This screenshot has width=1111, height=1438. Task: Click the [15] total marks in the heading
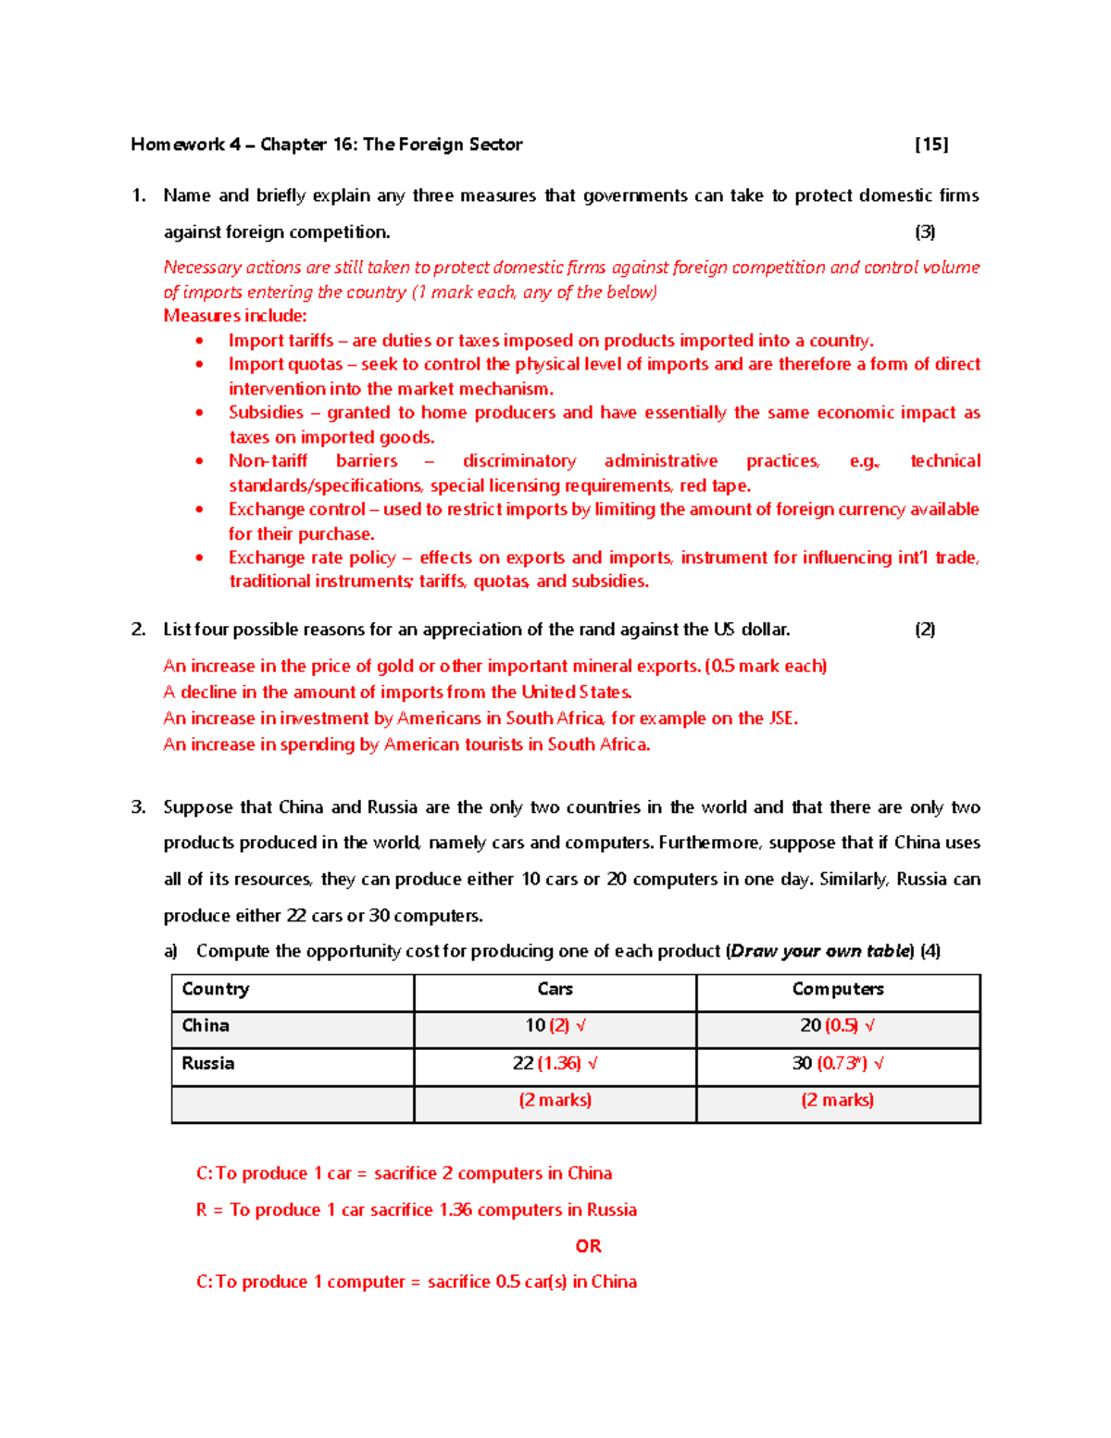930,144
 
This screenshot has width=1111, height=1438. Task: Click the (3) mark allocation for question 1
924,232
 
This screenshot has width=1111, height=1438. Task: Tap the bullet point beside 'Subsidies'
200,413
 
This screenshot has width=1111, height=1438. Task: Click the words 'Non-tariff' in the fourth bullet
268,461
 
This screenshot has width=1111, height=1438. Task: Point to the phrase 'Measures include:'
235,316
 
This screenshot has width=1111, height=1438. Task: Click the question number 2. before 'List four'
138,630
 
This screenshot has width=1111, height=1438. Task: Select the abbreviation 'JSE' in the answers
781,719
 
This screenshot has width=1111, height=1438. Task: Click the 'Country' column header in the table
216,989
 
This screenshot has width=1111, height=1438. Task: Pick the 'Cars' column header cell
555,989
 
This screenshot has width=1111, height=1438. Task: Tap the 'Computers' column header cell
837,989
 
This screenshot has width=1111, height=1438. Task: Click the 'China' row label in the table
206,1026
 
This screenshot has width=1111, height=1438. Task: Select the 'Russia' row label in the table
208,1064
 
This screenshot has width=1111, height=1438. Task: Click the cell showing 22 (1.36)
555,1064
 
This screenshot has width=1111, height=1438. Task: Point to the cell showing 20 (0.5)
837,1026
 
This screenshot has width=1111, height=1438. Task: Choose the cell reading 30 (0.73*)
837,1064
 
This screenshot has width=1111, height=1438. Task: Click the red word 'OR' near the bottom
588,1246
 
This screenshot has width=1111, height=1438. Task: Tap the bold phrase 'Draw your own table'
820,952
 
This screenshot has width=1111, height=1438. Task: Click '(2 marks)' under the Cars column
555,1100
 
